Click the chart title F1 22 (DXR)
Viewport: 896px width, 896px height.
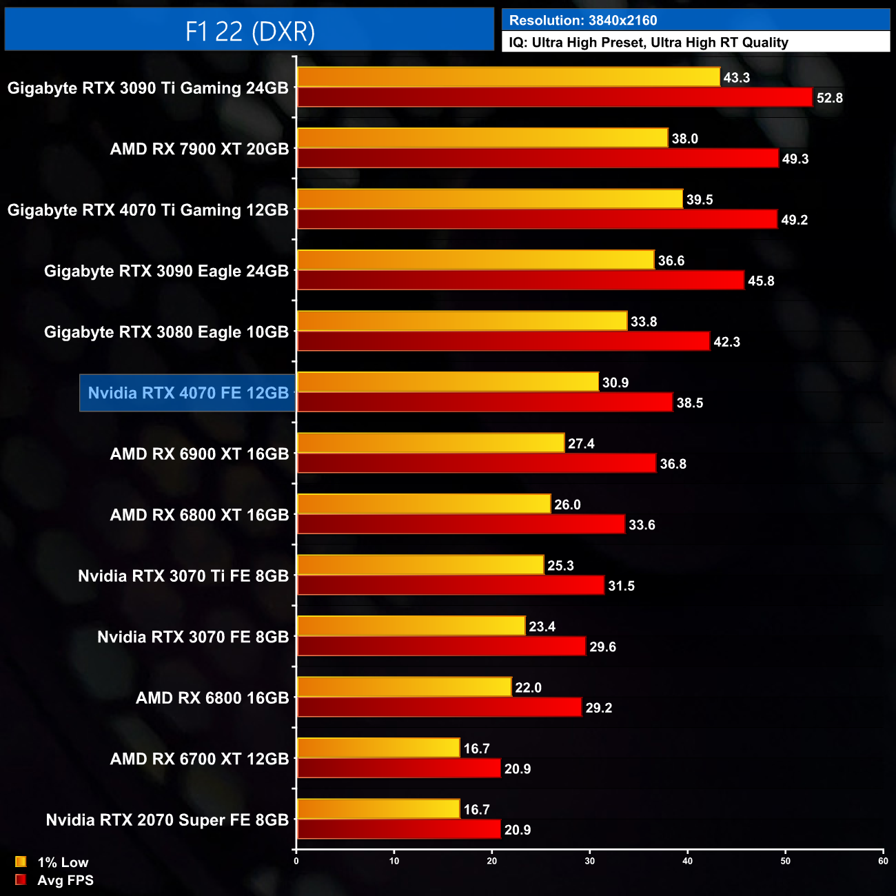coord(250,31)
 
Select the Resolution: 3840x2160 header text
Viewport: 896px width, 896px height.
coord(583,21)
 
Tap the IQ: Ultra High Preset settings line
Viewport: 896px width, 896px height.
coord(648,43)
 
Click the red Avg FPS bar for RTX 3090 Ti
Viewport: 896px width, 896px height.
coord(555,98)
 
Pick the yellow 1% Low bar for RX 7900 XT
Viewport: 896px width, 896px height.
coord(482,138)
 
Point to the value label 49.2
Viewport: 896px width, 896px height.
coord(794,220)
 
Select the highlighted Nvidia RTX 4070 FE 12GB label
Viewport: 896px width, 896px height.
coord(188,393)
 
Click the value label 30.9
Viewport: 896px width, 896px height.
coord(615,383)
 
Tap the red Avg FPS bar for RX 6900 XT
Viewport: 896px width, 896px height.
coord(476,464)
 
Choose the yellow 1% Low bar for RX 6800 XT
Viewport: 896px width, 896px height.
coord(424,504)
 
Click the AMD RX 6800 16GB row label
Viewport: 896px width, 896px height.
coord(212,698)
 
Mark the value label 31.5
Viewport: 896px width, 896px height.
coord(621,586)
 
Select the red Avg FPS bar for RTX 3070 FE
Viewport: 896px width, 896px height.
coord(441,646)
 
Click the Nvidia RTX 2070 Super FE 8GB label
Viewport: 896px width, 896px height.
coord(167,820)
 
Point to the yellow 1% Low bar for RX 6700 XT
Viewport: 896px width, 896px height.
coord(378,748)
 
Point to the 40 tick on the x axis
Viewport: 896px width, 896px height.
coord(687,861)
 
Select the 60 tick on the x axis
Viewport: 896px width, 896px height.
coord(883,861)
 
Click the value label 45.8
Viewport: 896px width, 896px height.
coord(761,281)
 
